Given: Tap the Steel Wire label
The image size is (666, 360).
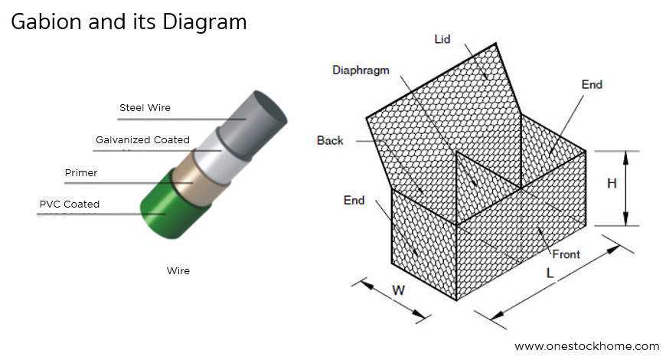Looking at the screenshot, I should click(145, 108).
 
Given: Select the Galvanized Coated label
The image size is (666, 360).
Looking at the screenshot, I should click(142, 140).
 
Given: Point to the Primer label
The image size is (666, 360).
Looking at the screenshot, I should click(81, 173).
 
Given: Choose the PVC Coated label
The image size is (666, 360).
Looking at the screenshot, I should click(69, 204).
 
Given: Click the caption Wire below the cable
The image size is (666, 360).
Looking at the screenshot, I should click(178, 270).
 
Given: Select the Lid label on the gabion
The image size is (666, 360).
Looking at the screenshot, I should click(442, 38).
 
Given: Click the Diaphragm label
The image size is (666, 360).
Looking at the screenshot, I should click(361, 70).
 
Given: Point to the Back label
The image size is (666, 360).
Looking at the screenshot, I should click(330, 140).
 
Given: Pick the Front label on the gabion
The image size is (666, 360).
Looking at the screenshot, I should click(566, 254).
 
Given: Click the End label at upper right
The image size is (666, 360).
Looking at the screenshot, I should click(592, 84).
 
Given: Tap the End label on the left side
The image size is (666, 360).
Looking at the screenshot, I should click(354, 201).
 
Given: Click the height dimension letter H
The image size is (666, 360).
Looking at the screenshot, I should click(612, 184).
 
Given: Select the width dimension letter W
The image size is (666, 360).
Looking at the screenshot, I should click(399, 290).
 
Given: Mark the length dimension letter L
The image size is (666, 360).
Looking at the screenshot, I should click(550, 273).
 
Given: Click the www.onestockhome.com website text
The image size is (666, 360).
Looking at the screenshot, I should click(586, 346).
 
